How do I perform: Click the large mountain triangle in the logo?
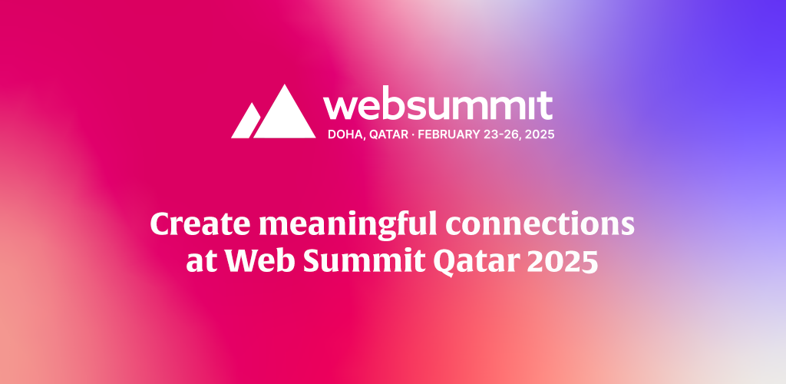point(285,116)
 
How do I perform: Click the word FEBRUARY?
point(443,134)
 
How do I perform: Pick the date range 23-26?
point(497,134)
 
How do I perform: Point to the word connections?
point(540,224)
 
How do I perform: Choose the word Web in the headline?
point(253,261)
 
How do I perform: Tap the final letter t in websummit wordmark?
point(545,105)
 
